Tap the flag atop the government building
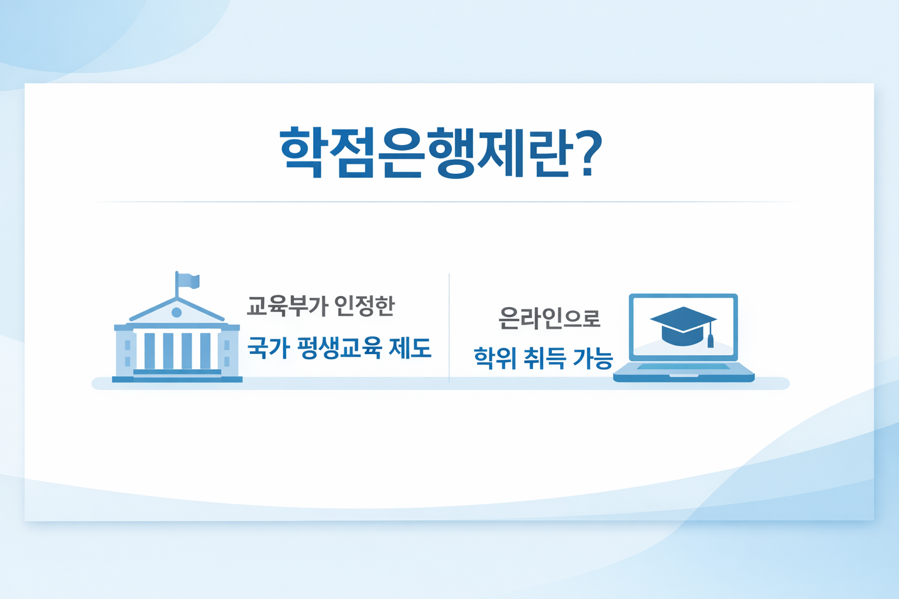tap(189, 281)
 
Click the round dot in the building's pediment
tap(177, 313)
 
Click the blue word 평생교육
tap(339, 347)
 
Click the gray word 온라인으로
tap(549, 318)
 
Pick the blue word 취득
tap(544, 357)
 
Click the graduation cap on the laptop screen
tap(682, 325)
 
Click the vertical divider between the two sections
tap(449, 328)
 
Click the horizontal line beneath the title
tap(445, 202)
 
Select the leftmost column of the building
tap(149, 351)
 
